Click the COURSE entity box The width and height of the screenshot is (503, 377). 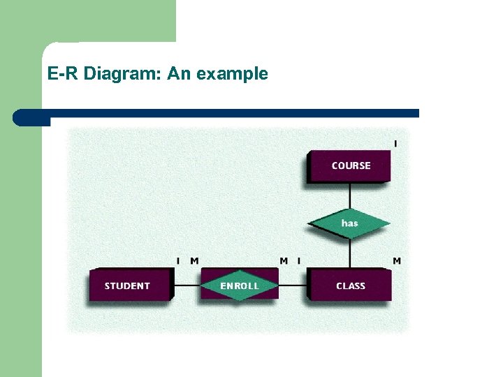[x=349, y=166]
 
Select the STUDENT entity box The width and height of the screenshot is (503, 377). [x=128, y=286]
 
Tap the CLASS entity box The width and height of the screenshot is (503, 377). [x=350, y=286]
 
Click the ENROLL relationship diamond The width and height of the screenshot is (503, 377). [x=239, y=286]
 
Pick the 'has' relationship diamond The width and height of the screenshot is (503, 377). [x=349, y=223]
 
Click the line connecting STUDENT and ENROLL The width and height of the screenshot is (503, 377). [x=187, y=286]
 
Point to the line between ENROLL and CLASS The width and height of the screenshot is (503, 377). [x=293, y=286]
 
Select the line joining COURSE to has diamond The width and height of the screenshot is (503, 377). [x=349, y=196]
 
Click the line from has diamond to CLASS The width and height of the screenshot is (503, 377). [x=349, y=253]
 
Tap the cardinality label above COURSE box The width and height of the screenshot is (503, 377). [x=395, y=144]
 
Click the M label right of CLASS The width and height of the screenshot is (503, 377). [x=396, y=261]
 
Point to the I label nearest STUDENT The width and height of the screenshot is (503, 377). [x=178, y=261]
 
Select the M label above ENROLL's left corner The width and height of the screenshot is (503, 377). [x=194, y=261]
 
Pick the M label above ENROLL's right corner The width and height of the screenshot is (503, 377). [x=284, y=261]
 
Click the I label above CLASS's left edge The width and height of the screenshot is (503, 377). [x=299, y=261]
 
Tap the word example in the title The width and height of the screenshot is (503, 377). [x=233, y=73]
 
